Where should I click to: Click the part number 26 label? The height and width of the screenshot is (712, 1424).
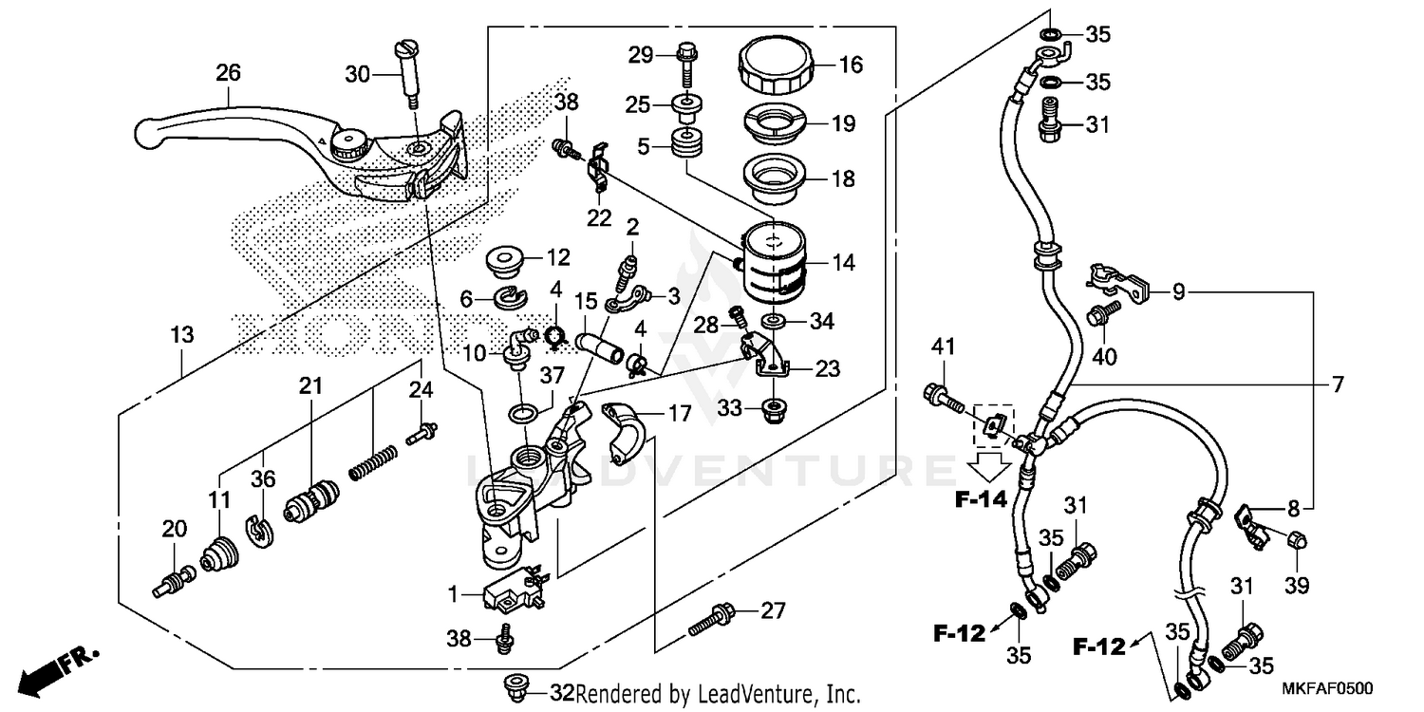point(228,72)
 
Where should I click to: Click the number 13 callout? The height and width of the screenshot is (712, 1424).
point(182,334)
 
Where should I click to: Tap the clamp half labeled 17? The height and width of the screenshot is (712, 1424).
point(627,431)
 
